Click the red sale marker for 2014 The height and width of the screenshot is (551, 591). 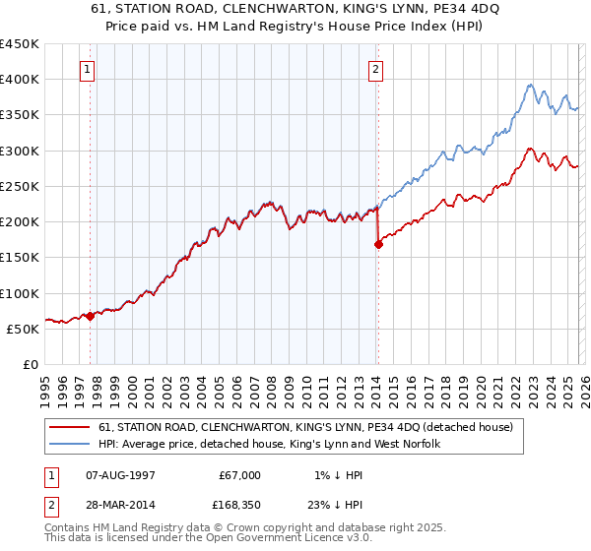[x=378, y=246]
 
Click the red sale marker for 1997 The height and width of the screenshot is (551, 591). [x=90, y=317]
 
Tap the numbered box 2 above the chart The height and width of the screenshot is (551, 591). [x=376, y=70]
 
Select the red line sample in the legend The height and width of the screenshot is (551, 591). [x=71, y=428]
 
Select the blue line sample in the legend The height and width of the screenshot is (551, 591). [x=71, y=445]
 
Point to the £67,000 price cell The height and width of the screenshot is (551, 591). [x=239, y=475]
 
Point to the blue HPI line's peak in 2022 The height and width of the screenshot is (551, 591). [x=530, y=85]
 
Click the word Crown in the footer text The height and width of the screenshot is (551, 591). [x=232, y=528]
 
